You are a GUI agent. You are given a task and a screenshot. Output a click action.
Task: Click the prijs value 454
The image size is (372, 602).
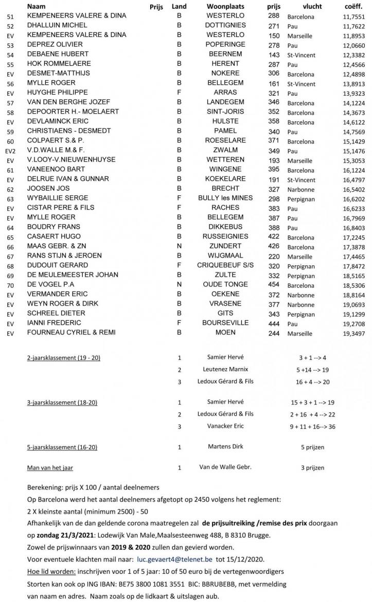(x=274, y=284)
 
